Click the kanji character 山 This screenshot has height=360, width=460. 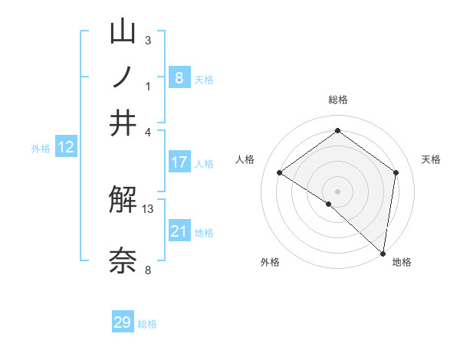coord(123,31)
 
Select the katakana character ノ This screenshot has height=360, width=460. coord(123,77)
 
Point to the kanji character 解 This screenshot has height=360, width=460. coord(123,201)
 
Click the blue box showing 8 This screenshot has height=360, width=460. coord(179,77)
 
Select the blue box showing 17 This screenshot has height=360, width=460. coord(179,162)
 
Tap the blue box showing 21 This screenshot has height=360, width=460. coord(179,231)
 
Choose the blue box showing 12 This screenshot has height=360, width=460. coord(66,147)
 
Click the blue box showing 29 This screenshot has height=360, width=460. coord(123,322)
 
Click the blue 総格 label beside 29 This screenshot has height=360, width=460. coord(147,324)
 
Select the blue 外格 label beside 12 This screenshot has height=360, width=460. coord(41,149)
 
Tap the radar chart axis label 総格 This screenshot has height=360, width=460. coord(337,100)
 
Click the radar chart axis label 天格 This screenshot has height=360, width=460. coord(432,159)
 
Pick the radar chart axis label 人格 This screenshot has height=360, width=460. coord(245,159)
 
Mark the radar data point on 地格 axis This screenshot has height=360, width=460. coord(383,252)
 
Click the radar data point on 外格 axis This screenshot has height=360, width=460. coord(328,204)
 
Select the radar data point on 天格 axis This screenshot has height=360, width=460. coord(396,172)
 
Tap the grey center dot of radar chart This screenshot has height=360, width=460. coord(337,191)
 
